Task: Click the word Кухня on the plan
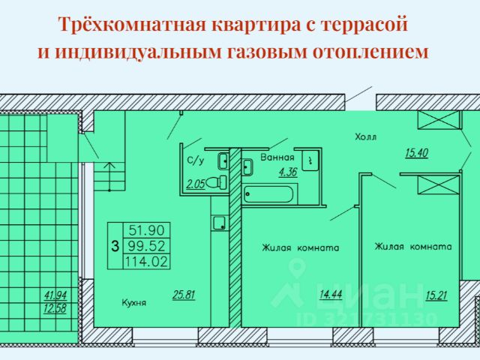point(133,303)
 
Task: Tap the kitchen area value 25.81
point(184,295)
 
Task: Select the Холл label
point(366,137)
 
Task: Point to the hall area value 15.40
point(416,153)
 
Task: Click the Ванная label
point(277,158)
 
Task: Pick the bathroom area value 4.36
point(287,172)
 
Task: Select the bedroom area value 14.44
point(331,295)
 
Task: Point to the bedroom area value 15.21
point(436,295)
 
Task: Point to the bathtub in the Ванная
point(269,194)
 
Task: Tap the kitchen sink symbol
point(219,222)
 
